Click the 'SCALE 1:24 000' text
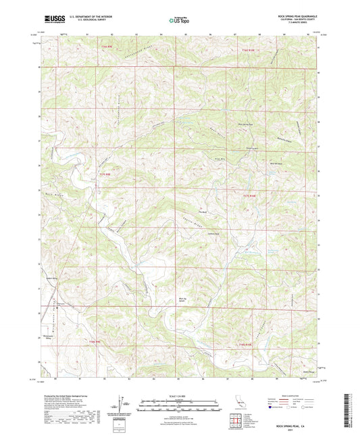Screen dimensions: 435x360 (x=180, y=396)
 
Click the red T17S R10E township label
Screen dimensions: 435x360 (x=249, y=195)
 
